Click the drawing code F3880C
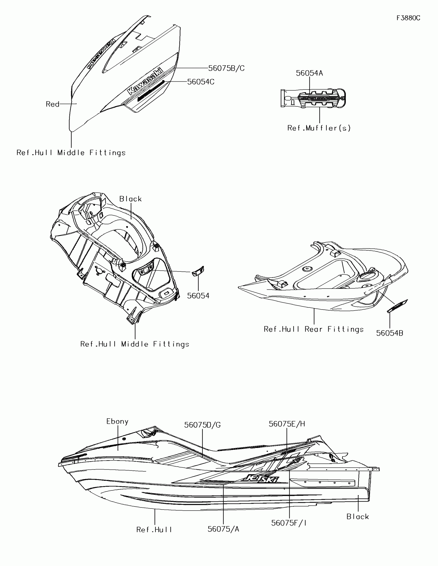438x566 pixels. (x=408, y=18)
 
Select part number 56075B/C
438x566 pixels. (x=226, y=68)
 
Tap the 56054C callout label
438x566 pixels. (x=201, y=82)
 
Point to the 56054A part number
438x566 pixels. (x=309, y=73)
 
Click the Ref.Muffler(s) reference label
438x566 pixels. (x=319, y=128)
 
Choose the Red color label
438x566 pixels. (x=53, y=104)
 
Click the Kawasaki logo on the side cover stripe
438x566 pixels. (x=145, y=81)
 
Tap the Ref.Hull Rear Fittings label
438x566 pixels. (x=314, y=329)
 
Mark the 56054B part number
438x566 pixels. (x=390, y=333)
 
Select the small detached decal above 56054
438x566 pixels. (x=198, y=271)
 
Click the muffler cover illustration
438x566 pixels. (x=313, y=98)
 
